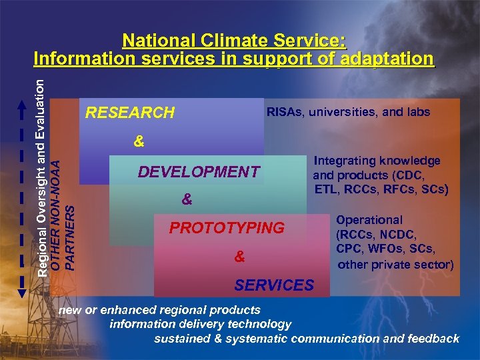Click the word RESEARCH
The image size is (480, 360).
click(x=130, y=113)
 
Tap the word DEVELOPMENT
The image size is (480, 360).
click(x=198, y=172)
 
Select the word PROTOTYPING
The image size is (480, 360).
click(x=227, y=228)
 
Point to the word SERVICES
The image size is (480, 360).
click(x=274, y=285)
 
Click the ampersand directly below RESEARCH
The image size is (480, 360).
click(x=139, y=142)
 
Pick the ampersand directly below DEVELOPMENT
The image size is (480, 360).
click(x=187, y=199)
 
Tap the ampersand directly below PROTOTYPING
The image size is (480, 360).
click(x=239, y=256)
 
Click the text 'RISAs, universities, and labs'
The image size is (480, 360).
click(x=348, y=112)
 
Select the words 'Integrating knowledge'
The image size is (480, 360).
click(x=377, y=161)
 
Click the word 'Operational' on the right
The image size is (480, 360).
click(x=369, y=220)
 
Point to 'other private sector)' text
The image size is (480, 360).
click(x=396, y=265)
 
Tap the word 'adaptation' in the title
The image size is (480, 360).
click(x=387, y=59)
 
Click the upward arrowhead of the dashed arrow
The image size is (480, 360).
click(x=22, y=105)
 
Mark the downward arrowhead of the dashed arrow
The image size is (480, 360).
click(x=22, y=291)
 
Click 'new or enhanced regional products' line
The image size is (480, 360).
click(x=160, y=310)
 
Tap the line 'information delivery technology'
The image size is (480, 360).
click(x=201, y=324)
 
